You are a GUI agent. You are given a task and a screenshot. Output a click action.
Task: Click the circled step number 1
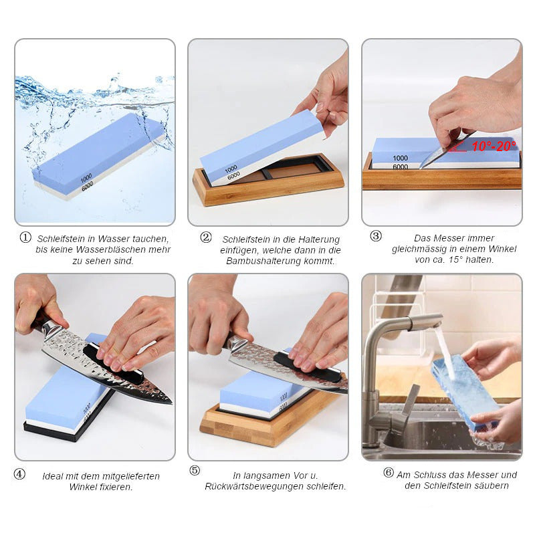pos(25,237)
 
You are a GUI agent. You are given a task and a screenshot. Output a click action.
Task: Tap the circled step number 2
pos(206,237)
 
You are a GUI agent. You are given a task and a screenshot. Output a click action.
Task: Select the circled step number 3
pos(376,236)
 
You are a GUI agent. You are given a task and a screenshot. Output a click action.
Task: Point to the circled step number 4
pos(19,473)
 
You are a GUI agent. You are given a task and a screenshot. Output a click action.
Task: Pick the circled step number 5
pos(195,471)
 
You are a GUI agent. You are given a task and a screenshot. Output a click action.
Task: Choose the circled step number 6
pos(389,472)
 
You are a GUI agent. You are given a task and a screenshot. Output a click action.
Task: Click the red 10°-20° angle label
pos(494,146)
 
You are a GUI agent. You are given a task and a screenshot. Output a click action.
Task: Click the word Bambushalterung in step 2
pos(260,261)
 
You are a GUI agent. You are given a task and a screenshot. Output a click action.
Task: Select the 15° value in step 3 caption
pos(455,259)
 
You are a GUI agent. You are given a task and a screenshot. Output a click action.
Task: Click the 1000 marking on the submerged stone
pos(86,178)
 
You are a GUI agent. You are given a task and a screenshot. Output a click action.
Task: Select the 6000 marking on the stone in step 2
pos(233,175)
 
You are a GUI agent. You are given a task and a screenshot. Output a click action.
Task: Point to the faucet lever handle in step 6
pos(411,399)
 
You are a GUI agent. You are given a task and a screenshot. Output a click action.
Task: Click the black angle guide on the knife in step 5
pos(307,364)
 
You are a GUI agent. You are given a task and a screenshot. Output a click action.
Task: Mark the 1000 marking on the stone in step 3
pos(400,158)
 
